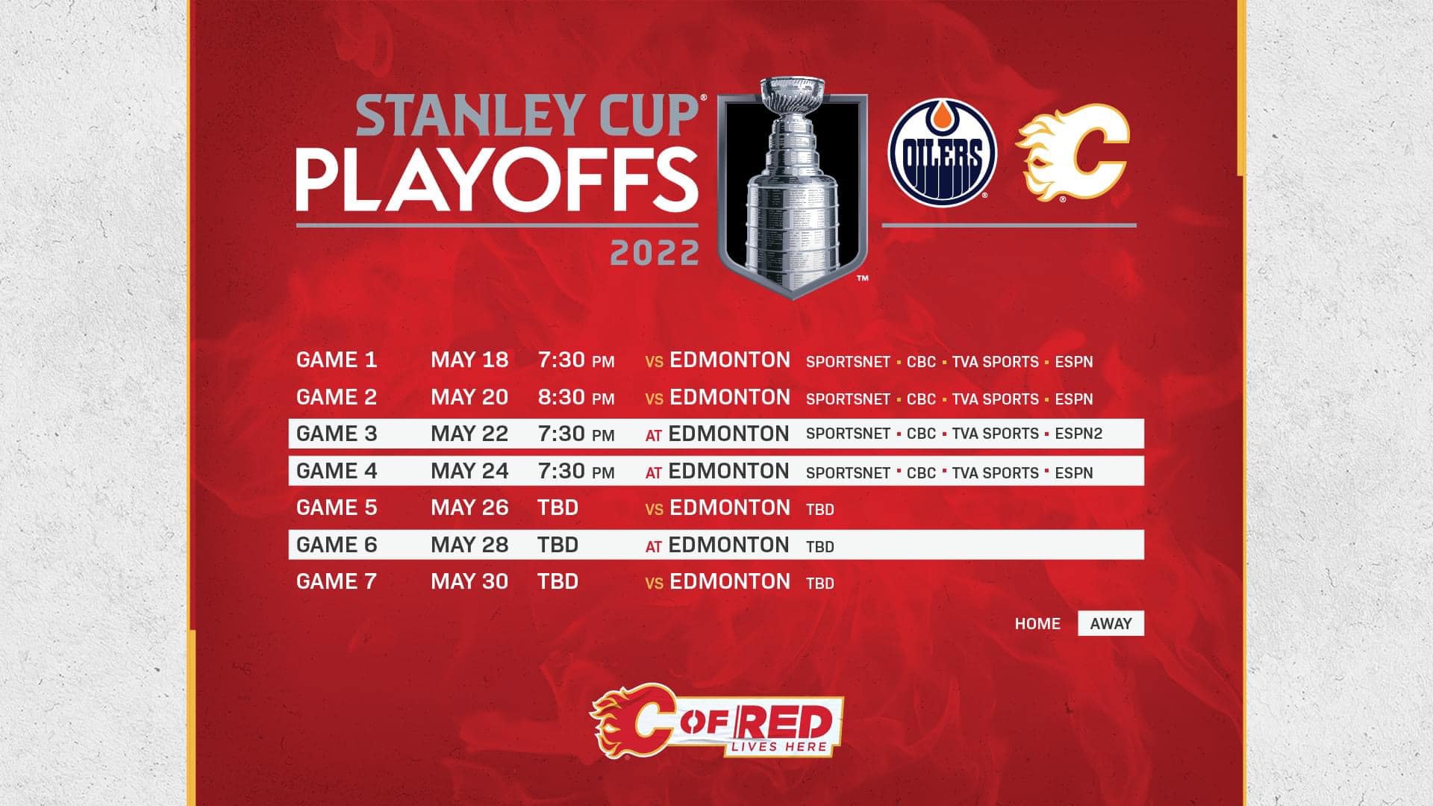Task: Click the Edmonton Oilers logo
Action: [942, 153]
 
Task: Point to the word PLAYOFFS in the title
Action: [497, 180]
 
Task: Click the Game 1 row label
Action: [337, 360]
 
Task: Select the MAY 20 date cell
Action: [469, 397]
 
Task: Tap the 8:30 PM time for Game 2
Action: [576, 397]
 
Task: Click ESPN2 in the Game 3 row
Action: [1078, 434]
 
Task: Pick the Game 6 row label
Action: [337, 545]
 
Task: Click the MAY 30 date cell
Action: [469, 581]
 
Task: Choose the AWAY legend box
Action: [1111, 624]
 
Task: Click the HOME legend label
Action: [1037, 624]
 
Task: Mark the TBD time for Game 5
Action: [558, 507]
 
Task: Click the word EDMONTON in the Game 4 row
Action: [728, 471]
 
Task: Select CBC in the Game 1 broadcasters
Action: [921, 362]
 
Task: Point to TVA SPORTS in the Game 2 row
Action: [995, 399]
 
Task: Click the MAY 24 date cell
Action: [469, 471]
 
